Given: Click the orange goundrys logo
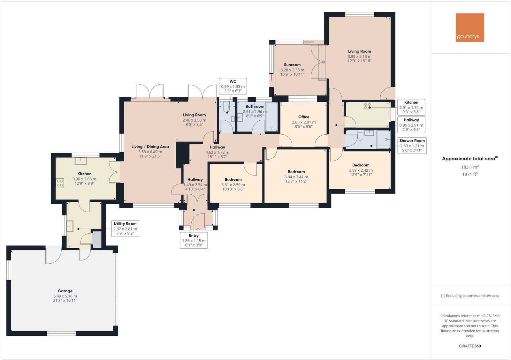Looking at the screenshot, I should (470, 27).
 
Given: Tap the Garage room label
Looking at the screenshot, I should (65, 291).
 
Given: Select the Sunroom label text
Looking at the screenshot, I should (292, 65).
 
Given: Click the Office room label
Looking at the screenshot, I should (304, 117).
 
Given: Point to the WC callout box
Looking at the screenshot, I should (233, 86).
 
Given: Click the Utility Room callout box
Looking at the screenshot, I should (125, 229).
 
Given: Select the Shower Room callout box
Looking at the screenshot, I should (412, 146).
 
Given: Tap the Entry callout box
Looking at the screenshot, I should (194, 240).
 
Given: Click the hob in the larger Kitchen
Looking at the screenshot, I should (60, 183).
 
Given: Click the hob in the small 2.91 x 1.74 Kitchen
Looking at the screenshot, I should (367, 106).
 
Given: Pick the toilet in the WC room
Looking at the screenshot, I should (227, 107).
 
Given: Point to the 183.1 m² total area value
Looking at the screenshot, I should (469, 167).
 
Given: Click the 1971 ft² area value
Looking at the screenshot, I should (469, 174).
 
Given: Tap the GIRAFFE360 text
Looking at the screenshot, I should (470, 346).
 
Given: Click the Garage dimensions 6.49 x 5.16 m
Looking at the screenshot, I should (65, 296).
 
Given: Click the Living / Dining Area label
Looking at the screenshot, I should (150, 147).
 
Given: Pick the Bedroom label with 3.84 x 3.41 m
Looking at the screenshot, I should (296, 172).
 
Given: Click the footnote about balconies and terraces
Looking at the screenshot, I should (470, 296).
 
